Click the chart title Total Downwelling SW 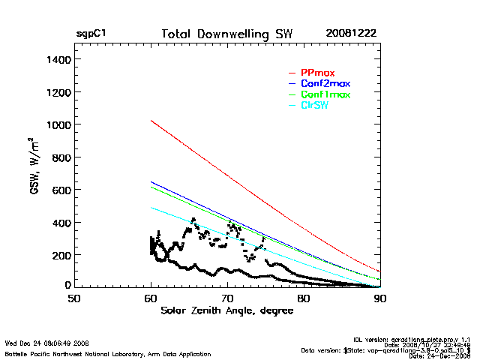[227, 34]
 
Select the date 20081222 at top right [351, 34]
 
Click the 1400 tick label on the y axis [57, 59]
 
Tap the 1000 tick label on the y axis [57, 124]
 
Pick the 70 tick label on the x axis [227, 298]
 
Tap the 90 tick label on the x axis [380, 298]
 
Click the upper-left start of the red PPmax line [151, 120]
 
